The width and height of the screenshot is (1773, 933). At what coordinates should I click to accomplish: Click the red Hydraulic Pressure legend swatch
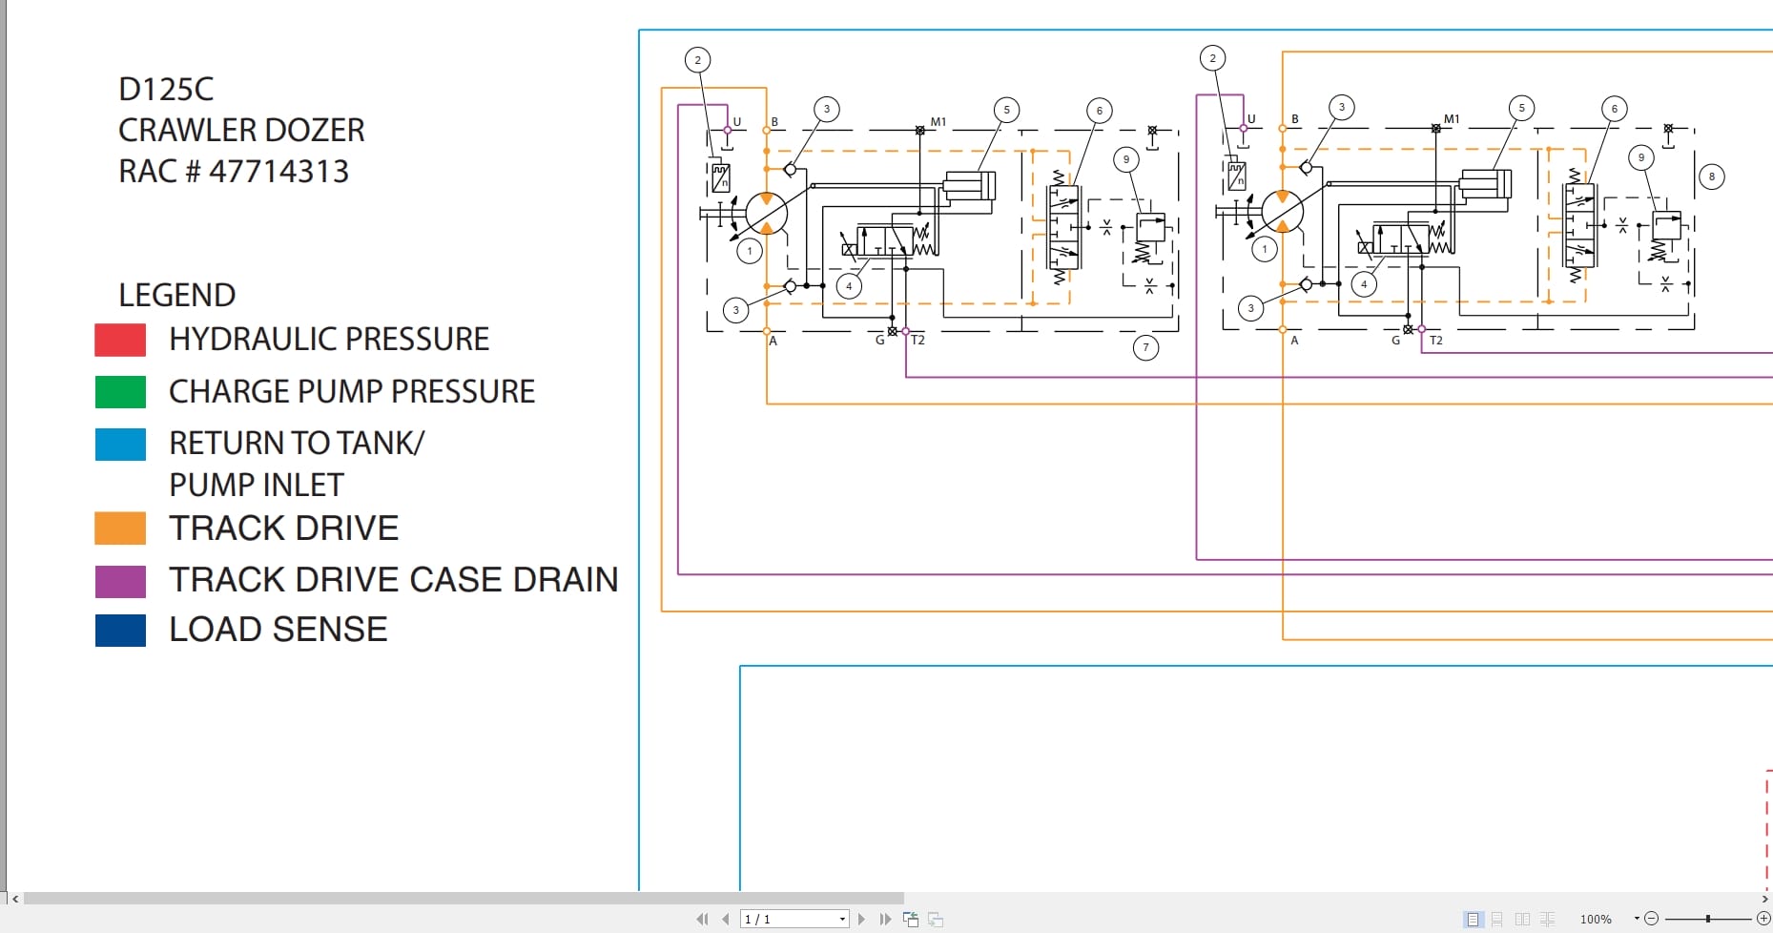tap(120, 340)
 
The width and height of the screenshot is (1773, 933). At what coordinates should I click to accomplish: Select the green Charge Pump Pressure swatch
tap(120, 391)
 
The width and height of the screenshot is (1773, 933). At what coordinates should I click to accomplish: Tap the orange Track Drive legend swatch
tap(120, 528)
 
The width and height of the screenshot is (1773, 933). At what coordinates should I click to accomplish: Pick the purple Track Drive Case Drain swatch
tap(120, 580)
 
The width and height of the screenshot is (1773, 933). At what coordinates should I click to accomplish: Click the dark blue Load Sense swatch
tap(120, 630)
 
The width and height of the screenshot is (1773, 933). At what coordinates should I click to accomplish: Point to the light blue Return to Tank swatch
tap(120, 444)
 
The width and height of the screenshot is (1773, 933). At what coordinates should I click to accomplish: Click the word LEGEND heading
tap(176, 295)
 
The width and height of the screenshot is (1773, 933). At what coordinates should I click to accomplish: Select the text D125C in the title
tap(166, 89)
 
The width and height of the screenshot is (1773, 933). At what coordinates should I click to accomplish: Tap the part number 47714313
tap(278, 172)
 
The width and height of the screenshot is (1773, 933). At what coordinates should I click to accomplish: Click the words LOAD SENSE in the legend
tap(278, 630)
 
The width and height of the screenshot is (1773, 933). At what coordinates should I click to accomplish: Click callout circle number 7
tap(1145, 347)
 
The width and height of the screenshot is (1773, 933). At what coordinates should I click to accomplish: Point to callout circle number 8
tap(1711, 176)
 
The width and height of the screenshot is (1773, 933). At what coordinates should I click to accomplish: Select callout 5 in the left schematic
tap(1006, 110)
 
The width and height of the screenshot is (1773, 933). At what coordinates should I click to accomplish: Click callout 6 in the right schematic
tap(1614, 109)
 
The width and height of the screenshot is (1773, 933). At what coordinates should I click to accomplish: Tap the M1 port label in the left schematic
tap(938, 122)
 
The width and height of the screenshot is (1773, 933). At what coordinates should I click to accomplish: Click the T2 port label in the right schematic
tap(1436, 341)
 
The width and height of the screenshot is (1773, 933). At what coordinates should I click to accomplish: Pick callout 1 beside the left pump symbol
tap(750, 251)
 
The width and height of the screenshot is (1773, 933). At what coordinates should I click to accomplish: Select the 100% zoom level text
tap(1595, 919)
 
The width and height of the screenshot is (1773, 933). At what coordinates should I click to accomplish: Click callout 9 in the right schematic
tap(1640, 157)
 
